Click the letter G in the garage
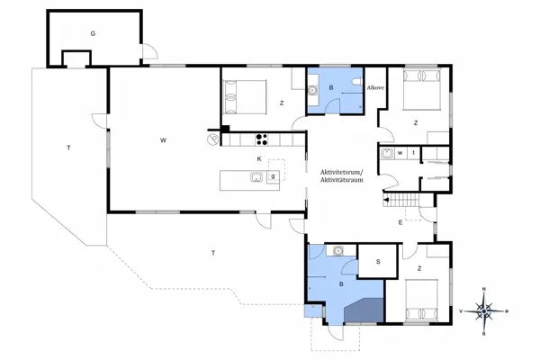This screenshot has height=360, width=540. pyautogui.click(x=93, y=33)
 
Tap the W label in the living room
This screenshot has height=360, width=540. pyautogui.click(x=163, y=139)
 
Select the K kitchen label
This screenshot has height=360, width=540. pyautogui.click(x=259, y=158)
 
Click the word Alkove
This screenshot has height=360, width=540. pyautogui.click(x=375, y=88)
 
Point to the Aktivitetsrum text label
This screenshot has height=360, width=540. pyautogui.click(x=342, y=172)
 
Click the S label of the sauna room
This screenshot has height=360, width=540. pyautogui.click(x=378, y=262)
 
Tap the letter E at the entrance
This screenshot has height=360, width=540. pyautogui.click(x=400, y=222)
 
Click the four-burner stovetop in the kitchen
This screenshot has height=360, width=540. pyautogui.click(x=262, y=139)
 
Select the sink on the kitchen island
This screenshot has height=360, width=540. pyautogui.click(x=256, y=177)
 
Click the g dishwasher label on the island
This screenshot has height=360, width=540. pyautogui.click(x=273, y=176)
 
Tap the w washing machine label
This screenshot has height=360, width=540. pyautogui.click(x=400, y=153)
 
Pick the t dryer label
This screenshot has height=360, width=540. pyautogui.click(x=414, y=153)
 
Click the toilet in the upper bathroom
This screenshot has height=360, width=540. pyautogui.click(x=357, y=82)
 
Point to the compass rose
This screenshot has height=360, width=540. pyautogui.click(x=484, y=311)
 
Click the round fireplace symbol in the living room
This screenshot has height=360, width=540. pyautogui.click(x=212, y=139)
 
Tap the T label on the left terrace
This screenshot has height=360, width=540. pyautogui.click(x=69, y=148)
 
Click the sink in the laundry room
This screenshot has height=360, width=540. pyautogui.click(x=387, y=153)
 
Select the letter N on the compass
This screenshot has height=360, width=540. pyautogui.click(x=484, y=289)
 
